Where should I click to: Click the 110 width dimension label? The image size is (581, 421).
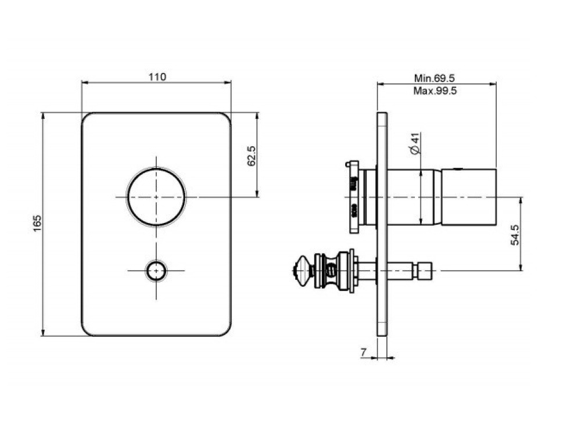pos(157,77)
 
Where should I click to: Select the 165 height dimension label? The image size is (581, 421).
pos(37,224)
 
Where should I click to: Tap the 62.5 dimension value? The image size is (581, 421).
pos(252,156)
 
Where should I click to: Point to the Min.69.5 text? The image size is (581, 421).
pos(434,78)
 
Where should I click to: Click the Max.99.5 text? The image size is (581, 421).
pos(435,91)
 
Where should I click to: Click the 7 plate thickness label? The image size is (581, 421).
pos(364,352)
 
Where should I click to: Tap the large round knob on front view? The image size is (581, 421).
pos(156,197)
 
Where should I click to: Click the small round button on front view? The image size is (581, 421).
pos(156,271)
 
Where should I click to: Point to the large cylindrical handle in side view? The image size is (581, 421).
pos(469,197)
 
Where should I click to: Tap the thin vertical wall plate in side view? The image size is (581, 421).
pos(382,224)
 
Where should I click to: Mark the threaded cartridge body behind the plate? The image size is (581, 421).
pos(332,270)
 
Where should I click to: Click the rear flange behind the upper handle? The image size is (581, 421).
pos(354,197)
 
